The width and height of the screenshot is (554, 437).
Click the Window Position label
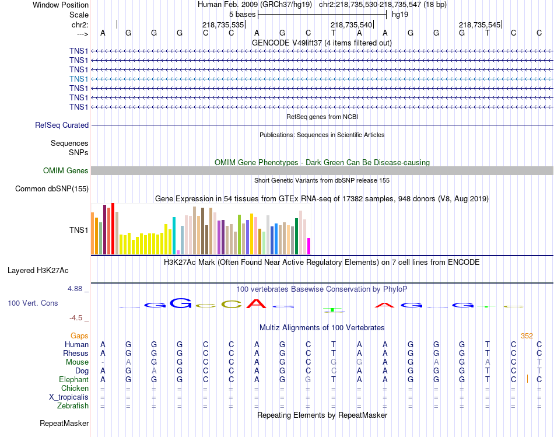(x=61, y=5)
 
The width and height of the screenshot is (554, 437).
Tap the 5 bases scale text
(x=242, y=14)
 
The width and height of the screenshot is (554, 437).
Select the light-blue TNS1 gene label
(x=79, y=79)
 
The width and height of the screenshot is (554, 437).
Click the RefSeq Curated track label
(x=62, y=125)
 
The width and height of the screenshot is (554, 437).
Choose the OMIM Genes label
(x=66, y=171)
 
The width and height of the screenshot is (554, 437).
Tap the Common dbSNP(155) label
(x=52, y=188)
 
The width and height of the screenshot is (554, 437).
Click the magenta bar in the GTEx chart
(x=309, y=246)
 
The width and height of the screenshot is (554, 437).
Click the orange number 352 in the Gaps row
(x=527, y=335)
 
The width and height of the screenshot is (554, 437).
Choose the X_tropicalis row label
(x=69, y=397)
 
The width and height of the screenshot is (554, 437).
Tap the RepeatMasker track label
(x=64, y=423)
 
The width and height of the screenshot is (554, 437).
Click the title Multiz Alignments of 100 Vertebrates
(x=322, y=327)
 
